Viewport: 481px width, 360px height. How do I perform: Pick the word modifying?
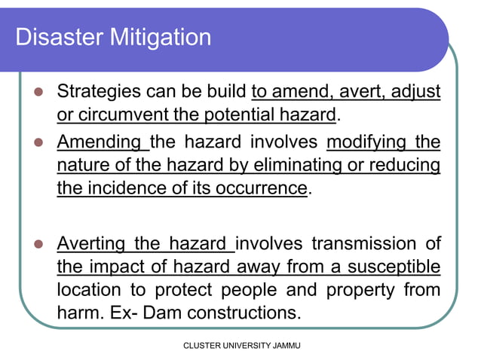coord(369,142)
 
